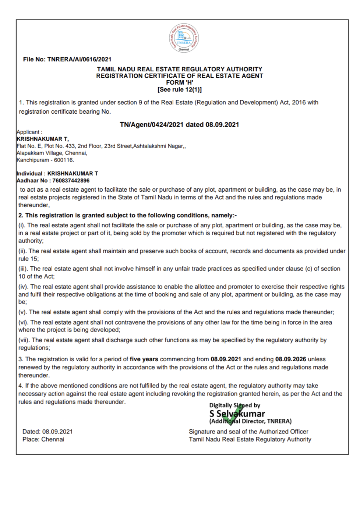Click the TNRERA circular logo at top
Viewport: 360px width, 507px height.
pyautogui.click(x=184, y=38)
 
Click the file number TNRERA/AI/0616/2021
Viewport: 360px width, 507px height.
pyautogui.click(x=79, y=59)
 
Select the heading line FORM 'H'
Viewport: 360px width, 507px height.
pyautogui.click(x=180, y=83)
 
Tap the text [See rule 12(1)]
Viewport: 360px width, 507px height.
pyautogui.click(x=180, y=90)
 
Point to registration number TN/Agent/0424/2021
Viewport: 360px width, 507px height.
pyautogui.click(x=151, y=125)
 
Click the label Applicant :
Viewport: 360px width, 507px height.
pyautogui.click(x=29, y=132)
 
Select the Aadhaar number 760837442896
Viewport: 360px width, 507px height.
pyautogui.click(x=71, y=181)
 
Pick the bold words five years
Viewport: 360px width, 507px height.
pyautogui.click(x=144, y=359)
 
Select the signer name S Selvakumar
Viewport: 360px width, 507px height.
pyautogui.click(x=237, y=414)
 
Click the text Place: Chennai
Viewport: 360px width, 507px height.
pyautogui.click(x=43, y=439)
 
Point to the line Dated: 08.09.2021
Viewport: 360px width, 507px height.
pyautogui.click(x=47, y=432)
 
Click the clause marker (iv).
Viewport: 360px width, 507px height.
pyautogui.click(x=23, y=287)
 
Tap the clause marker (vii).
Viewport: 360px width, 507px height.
pyautogui.click(x=24, y=340)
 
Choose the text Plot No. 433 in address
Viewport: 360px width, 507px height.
pyautogui.click(x=58, y=146)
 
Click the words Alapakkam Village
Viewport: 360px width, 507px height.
pyautogui.click(x=40, y=153)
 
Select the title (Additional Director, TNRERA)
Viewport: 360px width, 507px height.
pyautogui.click(x=250, y=421)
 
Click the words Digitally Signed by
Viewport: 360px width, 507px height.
pyautogui.click(x=234, y=405)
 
